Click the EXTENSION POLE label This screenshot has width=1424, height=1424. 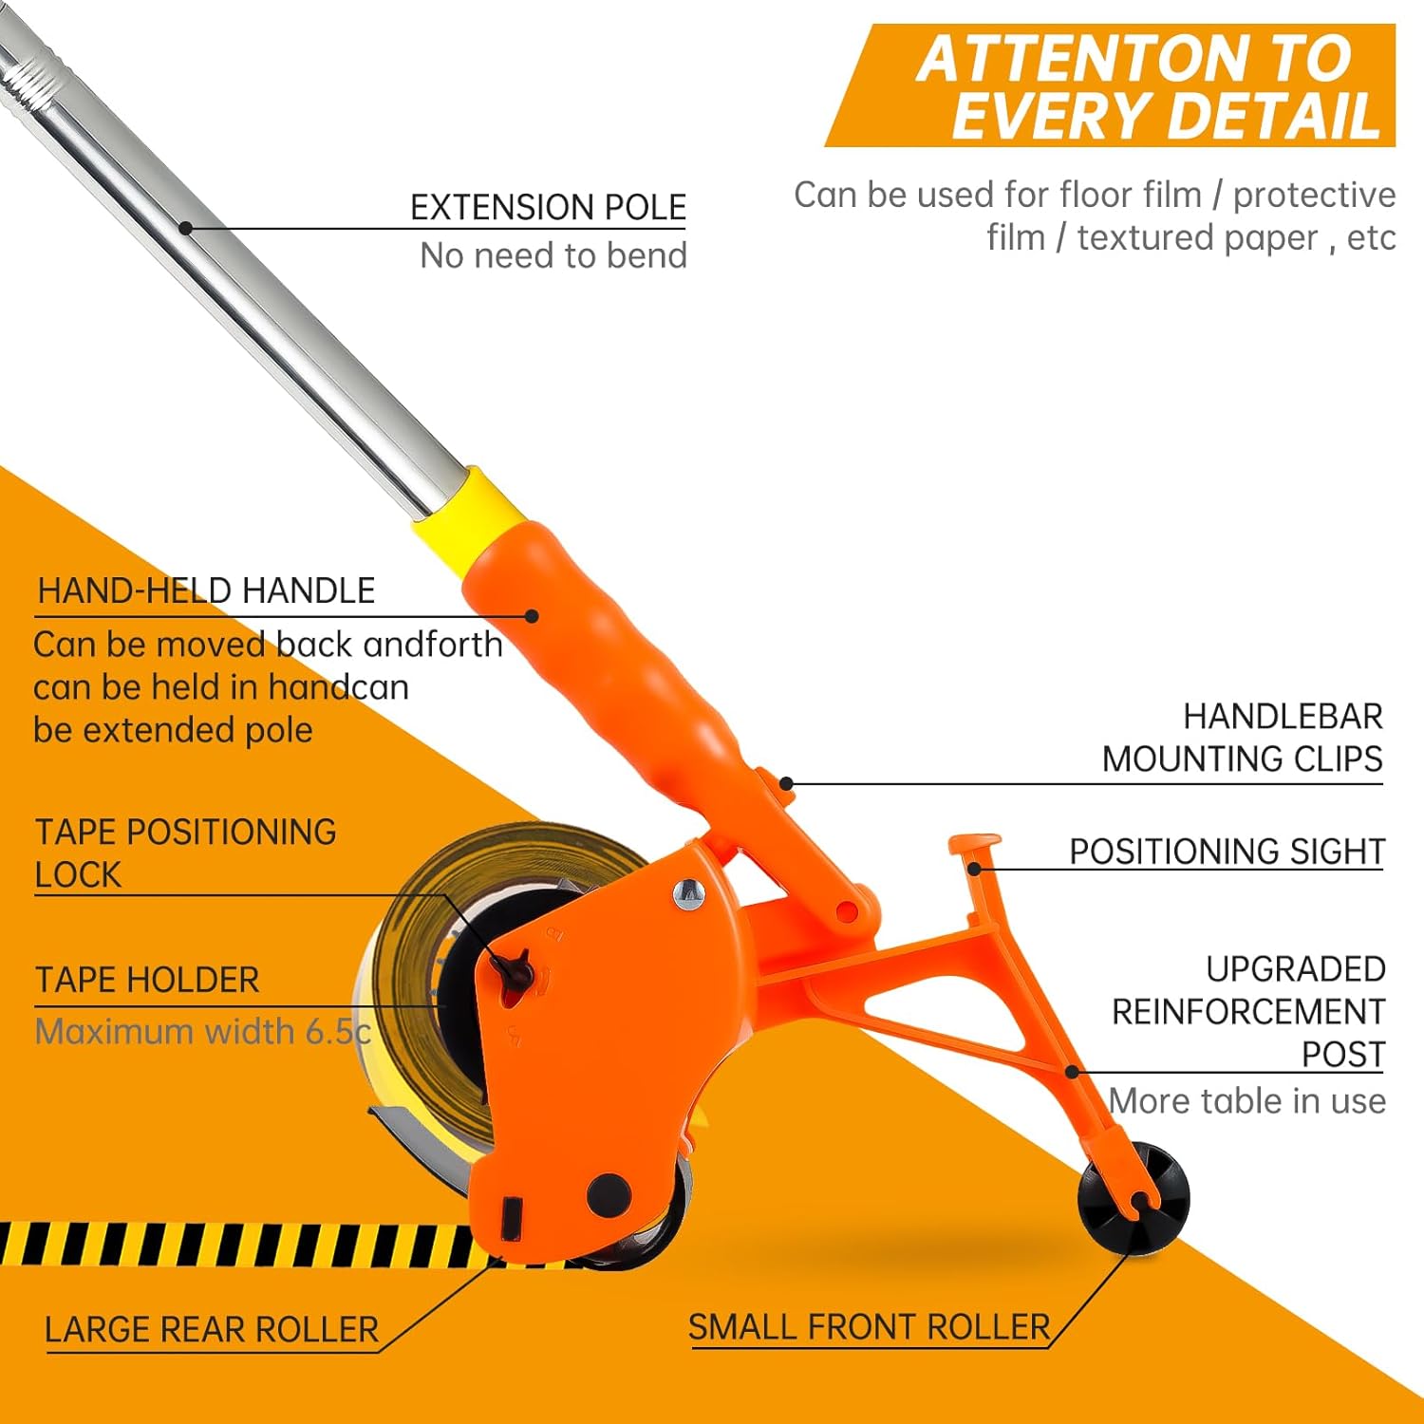click(x=548, y=207)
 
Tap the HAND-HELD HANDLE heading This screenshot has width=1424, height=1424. click(x=206, y=590)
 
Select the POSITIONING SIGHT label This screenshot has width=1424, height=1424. click(x=1227, y=852)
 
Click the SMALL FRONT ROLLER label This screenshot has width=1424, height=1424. click(x=869, y=1326)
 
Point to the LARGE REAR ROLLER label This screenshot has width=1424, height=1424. click(x=212, y=1329)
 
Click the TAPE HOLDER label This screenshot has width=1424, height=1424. click(x=147, y=980)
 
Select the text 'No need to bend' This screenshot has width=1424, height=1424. click(x=553, y=255)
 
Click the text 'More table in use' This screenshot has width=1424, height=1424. click(x=1246, y=1101)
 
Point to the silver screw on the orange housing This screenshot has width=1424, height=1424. click(x=687, y=893)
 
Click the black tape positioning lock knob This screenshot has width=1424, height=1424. click(x=514, y=968)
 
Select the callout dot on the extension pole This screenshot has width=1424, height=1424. click(x=186, y=228)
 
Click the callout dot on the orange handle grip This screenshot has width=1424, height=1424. click(x=533, y=616)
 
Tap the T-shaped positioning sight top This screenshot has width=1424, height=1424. click(x=974, y=844)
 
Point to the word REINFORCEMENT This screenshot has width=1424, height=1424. click(x=1247, y=1012)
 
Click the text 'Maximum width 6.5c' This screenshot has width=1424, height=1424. click(x=202, y=1031)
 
